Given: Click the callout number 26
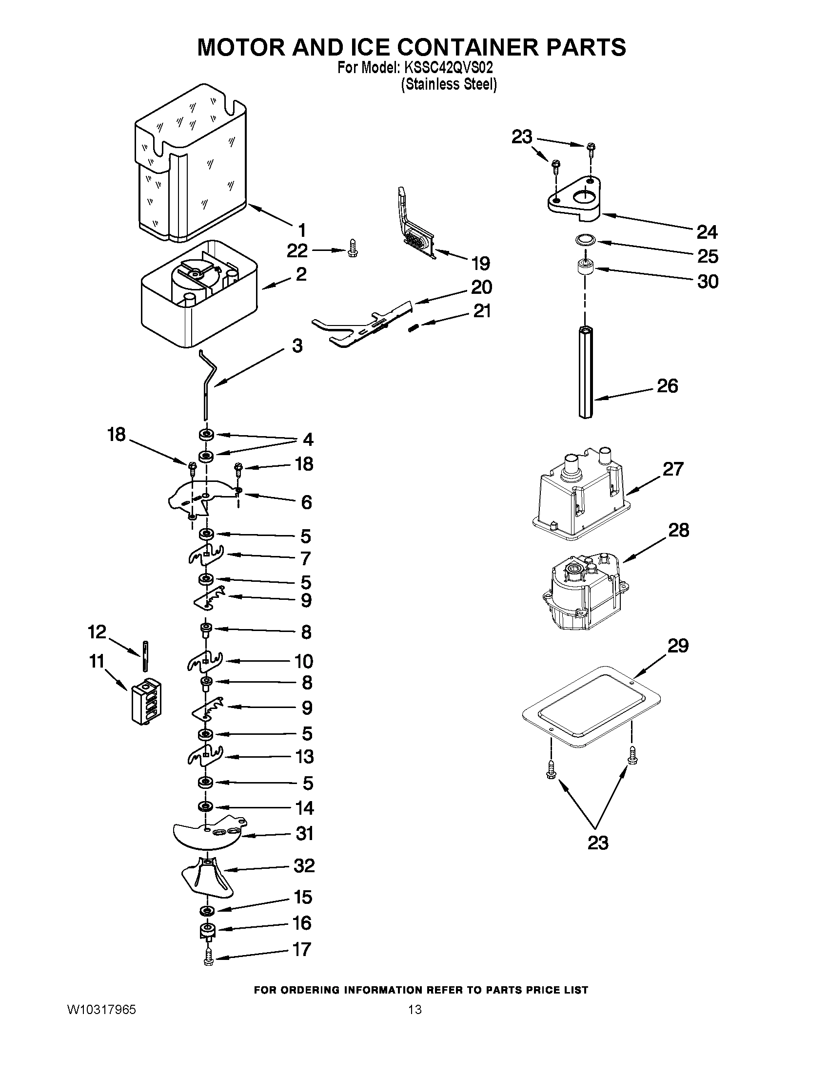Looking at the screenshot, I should point(667,386).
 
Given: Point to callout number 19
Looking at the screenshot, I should point(480,264).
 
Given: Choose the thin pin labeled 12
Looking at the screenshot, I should point(145,656).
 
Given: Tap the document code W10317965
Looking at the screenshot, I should point(101,1009).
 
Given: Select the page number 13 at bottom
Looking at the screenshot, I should point(414,1009).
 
